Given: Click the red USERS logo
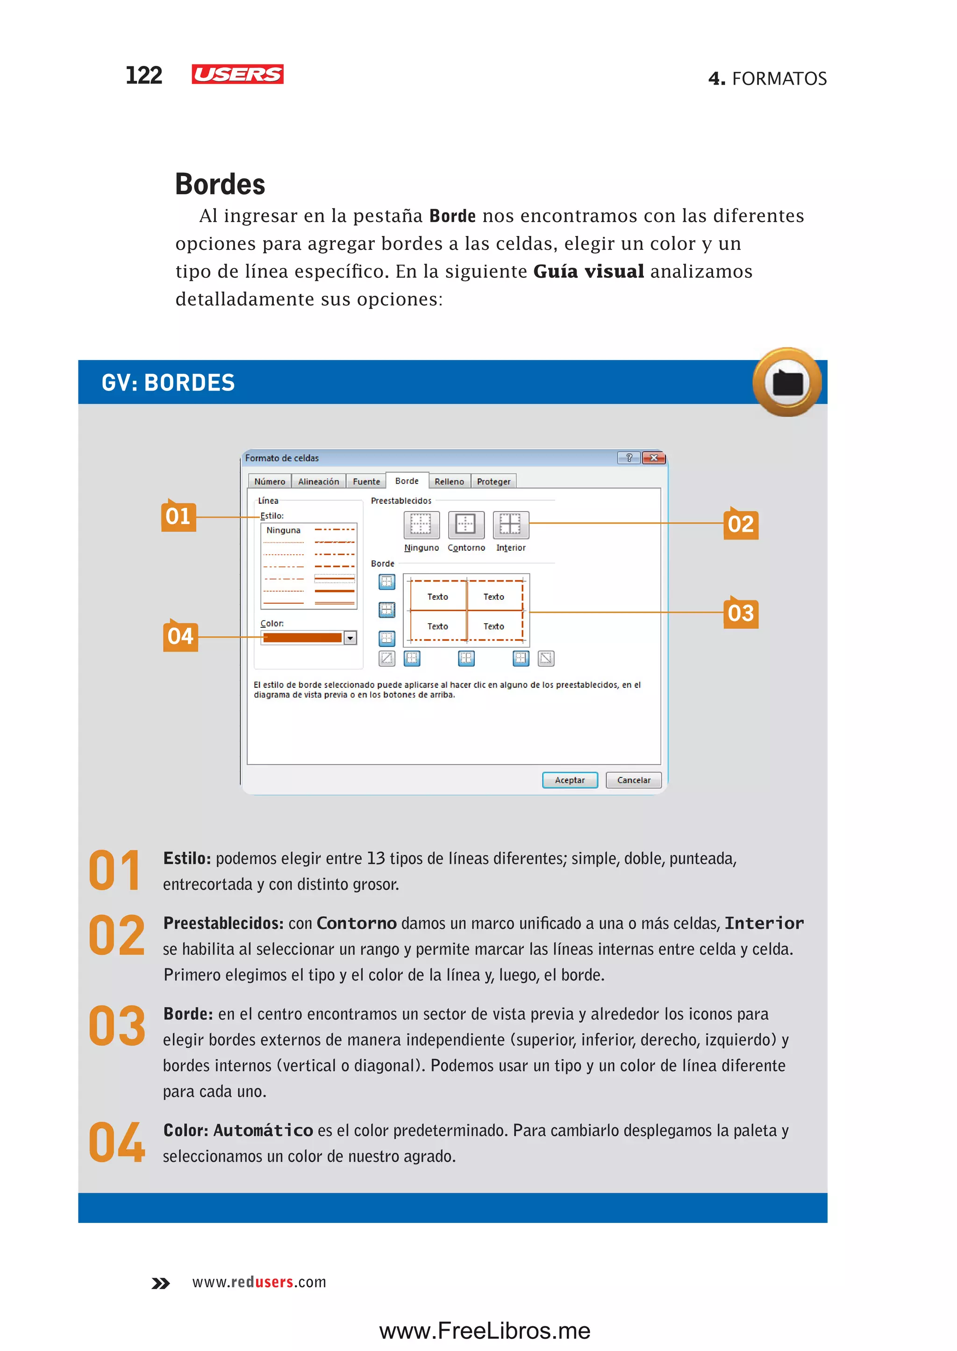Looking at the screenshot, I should (x=237, y=74).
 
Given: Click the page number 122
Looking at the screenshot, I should (x=144, y=75).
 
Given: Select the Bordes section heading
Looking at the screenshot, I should (x=220, y=185).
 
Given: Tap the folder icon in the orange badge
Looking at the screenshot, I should (x=787, y=383).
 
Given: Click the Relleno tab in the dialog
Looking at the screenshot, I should (x=449, y=481).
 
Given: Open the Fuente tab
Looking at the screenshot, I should (x=366, y=481).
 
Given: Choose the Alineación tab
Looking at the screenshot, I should (x=318, y=481).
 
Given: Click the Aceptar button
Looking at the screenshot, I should (x=569, y=780).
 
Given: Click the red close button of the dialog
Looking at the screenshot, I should (x=654, y=458).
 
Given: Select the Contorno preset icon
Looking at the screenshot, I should (x=465, y=524).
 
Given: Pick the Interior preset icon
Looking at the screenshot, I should (x=510, y=524).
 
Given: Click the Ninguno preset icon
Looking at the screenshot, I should (x=421, y=524).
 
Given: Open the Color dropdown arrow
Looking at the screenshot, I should (x=350, y=638).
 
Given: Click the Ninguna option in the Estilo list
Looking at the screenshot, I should (x=284, y=530).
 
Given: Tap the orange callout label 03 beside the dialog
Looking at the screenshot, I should (x=741, y=613).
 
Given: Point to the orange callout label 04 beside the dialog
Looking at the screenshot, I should (x=180, y=636).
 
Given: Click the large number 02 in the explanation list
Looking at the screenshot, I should (x=117, y=936).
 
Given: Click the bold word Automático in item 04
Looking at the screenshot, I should (x=264, y=1130).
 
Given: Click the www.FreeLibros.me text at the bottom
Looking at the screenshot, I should (x=485, y=1330).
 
